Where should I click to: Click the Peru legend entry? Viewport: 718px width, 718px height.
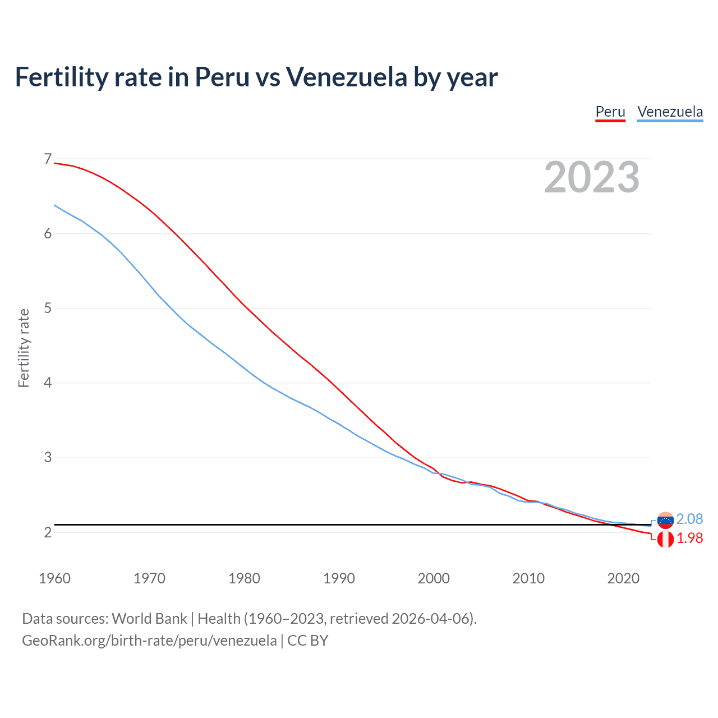tap(610, 112)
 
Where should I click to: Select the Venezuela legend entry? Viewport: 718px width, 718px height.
tap(670, 112)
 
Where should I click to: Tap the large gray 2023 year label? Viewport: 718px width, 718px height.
tap(592, 177)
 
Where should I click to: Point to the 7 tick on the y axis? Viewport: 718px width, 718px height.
tap(48, 159)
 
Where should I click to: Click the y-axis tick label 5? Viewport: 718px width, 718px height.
tap(48, 309)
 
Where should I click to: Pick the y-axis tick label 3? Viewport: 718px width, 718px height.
tap(48, 458)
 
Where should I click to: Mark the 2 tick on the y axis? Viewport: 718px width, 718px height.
tap(48, 532)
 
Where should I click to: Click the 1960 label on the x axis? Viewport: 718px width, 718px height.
tap(54, 578)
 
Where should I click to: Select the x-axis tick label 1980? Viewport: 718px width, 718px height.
tap(244, 578)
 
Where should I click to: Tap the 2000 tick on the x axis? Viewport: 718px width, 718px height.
tap(434, 578)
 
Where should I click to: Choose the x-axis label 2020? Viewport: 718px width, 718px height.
tap(623, 578)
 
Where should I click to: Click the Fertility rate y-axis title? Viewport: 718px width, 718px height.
tap(24, 348)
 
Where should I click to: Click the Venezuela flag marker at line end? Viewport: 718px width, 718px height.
tap(665, 520)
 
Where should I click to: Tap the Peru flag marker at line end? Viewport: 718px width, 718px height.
tap(665, 540)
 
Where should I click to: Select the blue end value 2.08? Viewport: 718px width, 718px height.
tap(689, 519)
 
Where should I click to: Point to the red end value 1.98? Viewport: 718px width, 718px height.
tap(689, 538)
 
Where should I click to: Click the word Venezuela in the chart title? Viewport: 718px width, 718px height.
tap(347, 77)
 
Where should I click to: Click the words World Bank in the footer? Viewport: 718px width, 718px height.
tap(149, 619)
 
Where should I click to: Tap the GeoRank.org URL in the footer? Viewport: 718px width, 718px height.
tap(149, 641)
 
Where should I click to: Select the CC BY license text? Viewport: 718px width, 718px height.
tap(308, 641)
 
